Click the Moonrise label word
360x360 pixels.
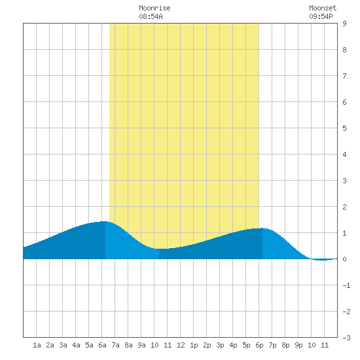(154, 8)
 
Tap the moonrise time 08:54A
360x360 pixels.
(151, 16)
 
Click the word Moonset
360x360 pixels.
(323, 8)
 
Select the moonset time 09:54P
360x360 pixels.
(321, 16)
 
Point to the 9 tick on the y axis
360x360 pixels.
(344, 24)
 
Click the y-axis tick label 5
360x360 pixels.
(344, 128)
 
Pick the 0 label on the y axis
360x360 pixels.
(344, 259)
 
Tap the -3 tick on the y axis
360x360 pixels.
(346, 338)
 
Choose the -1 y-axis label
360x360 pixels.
(346, 285)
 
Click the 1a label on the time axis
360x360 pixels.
(37, 345)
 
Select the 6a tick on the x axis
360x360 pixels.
(102, 345)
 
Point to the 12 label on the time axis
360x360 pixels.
(181, 345)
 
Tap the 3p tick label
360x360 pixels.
(220, 345)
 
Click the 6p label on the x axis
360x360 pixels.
(259, 345)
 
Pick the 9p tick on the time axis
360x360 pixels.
(298, 345)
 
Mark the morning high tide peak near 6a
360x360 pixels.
(105, 221)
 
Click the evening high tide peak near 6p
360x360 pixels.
(262, 228)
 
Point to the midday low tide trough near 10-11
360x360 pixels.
(161, 249)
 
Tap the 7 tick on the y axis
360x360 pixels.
(344, 76)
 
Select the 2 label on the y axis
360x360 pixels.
(344, 207)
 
